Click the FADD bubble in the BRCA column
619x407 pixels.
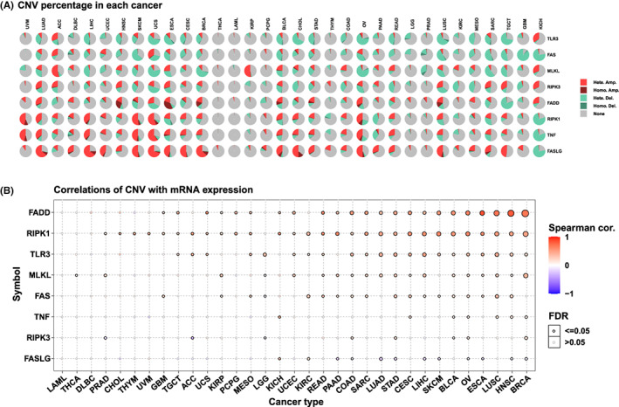(x=526, y=212)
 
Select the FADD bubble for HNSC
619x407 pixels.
(x=511, y=212)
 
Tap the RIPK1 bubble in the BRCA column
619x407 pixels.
(x=526, y=233)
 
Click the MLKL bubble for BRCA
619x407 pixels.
(x=526, y=275)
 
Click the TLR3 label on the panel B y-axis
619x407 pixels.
(x=47, y=254)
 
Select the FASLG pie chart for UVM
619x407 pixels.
(x=27, y=152)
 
